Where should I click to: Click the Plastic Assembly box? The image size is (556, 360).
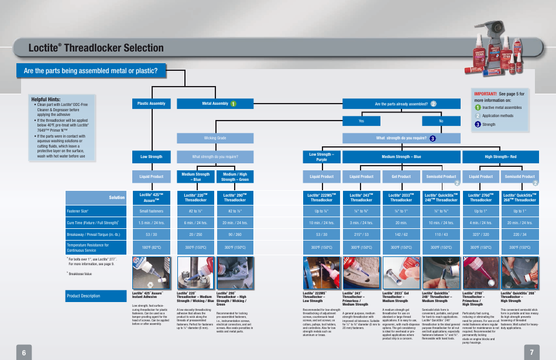[151, 104]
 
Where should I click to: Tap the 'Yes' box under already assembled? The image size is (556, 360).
[361, 121]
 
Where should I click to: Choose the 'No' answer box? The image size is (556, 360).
[441, 121]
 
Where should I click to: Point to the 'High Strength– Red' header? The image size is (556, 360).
[500, 157]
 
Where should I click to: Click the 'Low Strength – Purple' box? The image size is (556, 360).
[321, 157]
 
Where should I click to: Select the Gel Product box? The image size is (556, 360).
[401, 176]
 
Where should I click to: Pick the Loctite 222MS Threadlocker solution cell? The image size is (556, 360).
[321, 198]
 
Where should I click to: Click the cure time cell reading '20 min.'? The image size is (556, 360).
[401, 222]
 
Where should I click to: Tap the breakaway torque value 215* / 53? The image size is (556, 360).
[361, 234]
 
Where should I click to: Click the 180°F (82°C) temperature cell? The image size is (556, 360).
[151, 248]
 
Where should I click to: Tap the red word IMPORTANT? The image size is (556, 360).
[485, 93]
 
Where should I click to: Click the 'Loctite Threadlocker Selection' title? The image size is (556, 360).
[95, 48]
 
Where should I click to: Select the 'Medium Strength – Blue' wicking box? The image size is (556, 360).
[195, 176]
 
